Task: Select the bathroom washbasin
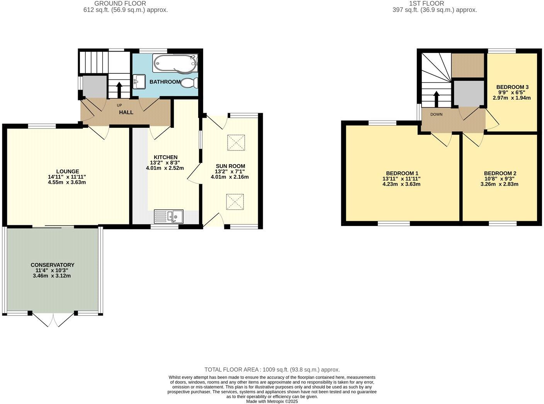tap(139, 81)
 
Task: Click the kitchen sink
tap(170, 216)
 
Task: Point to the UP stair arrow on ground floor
tap(119, 90)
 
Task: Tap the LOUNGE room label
tap(68, 171)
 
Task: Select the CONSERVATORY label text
tap(53, 265)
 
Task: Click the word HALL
tap(126, 112)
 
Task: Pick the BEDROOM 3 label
tap(512, 87)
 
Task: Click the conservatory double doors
tap(53, 320)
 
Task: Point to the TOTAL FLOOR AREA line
tap(272, 370)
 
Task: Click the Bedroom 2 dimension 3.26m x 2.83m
tap(500, 184)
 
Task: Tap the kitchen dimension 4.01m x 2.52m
tap(165, 168)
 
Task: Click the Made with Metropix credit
tap(272, 401)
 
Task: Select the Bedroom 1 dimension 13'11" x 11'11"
tap(401, 179)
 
